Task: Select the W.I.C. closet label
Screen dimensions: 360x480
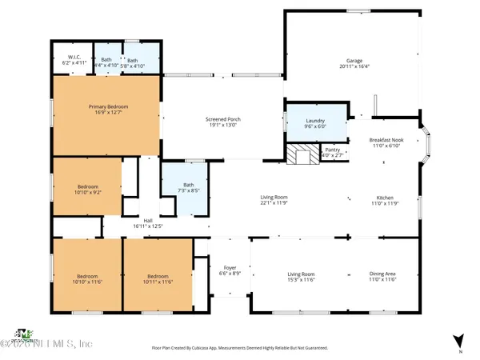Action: (72, 58)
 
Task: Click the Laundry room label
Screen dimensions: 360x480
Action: (315, 121)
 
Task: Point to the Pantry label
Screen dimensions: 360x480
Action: (331, 150)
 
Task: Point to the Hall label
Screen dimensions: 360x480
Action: (147, 221)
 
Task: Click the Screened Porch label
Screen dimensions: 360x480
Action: (223, 119)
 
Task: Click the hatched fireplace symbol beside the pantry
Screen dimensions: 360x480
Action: (303, 154)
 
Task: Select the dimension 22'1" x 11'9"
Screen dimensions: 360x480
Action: (274, 202)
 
